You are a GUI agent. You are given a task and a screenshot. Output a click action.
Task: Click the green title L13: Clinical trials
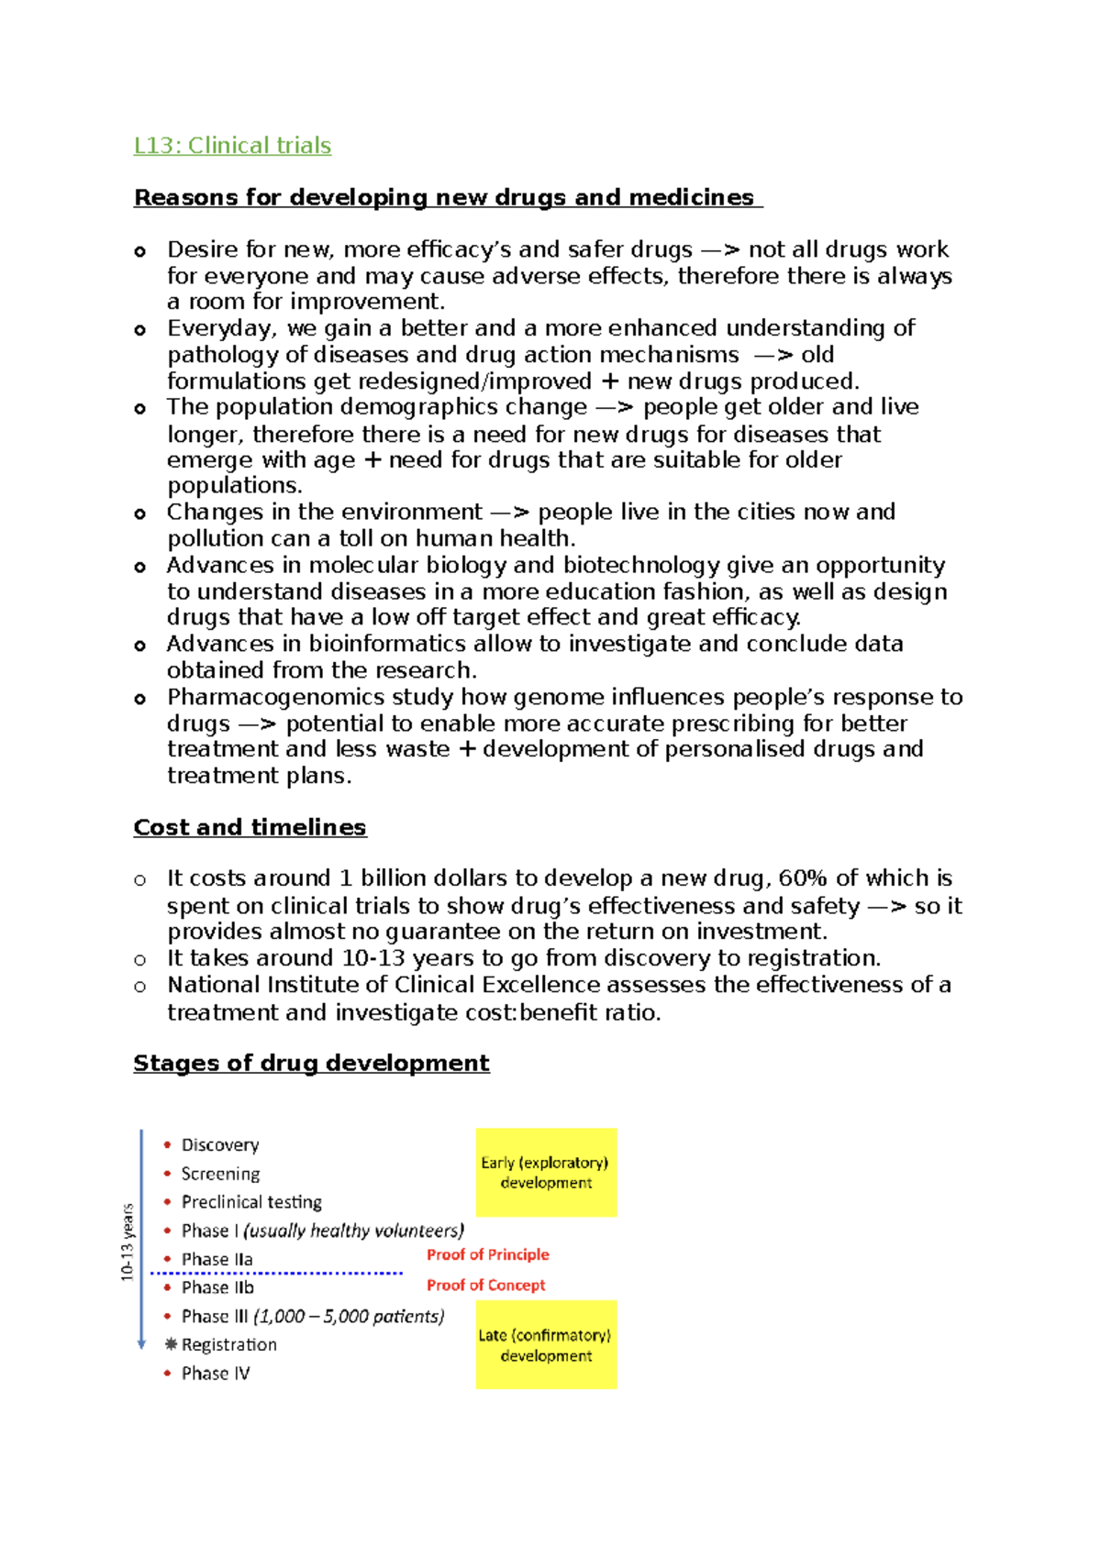(x=232, y=146)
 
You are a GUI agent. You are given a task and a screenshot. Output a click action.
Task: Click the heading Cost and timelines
(x=250, y=827)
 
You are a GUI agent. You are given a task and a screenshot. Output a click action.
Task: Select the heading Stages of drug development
(x=311, y=1063)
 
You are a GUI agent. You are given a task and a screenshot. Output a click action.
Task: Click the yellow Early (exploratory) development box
(x=546, y=1172)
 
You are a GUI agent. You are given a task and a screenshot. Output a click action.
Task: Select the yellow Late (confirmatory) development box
(x=546, y=1344)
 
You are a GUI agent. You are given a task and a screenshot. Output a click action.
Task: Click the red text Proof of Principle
(x=487, y=1254)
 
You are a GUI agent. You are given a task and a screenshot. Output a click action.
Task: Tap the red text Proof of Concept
(x=485, y=1286)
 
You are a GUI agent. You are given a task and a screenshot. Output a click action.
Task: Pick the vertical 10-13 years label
(x=128, y=1242)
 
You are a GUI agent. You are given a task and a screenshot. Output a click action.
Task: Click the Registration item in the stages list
(x=228, y=1344)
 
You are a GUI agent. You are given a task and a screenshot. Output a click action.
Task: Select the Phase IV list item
(x=216, y=1373)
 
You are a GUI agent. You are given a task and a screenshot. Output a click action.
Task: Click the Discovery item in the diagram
(x=220, y=1145)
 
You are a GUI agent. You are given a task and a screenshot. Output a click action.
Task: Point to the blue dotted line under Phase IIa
(x=275, y=1273)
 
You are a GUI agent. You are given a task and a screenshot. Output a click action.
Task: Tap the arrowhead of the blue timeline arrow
(x=141, y=1344)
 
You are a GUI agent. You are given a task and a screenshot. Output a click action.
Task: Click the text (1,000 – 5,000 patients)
(x=349, y=1316)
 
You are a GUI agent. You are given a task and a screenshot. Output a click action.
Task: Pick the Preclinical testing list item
(x=251, y=1202)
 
